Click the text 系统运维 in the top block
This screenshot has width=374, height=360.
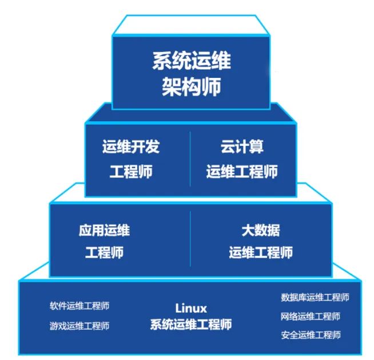point(191,61)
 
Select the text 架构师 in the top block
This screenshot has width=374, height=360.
point(191,88)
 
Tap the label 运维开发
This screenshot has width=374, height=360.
point(130,147)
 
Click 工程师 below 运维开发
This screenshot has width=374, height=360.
point(130,172)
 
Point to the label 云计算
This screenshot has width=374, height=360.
point(242,147)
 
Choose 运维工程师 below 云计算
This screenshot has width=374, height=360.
point(242,172)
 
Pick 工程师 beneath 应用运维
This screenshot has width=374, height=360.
point(104,252)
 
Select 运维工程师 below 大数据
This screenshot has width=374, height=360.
point(261,252)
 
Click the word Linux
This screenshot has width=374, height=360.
point(191,308)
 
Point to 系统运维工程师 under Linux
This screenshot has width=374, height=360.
point(191,325)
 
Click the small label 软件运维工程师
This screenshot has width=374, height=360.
point(79,306)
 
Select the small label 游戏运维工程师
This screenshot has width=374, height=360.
point(79,326)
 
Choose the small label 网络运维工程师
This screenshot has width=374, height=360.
point(311,316)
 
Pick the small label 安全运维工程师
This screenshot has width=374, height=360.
point(311,335)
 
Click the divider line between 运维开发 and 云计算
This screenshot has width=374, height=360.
point(190,159)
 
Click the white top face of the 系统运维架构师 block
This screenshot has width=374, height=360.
point(191,26)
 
